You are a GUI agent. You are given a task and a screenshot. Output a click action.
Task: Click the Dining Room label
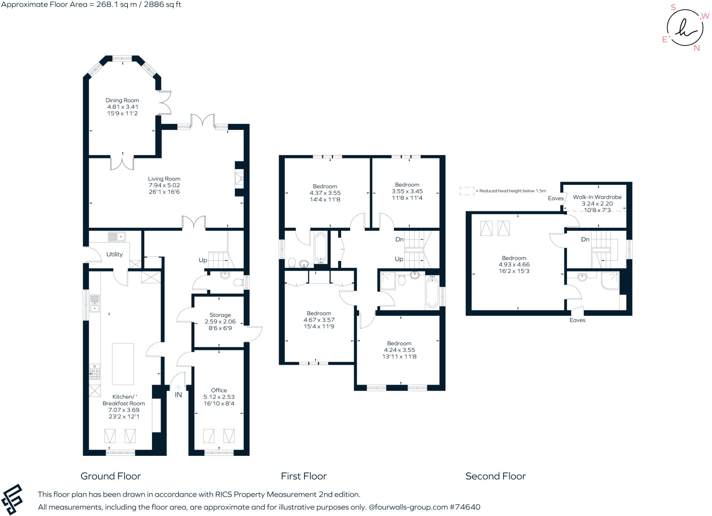pos(122,100)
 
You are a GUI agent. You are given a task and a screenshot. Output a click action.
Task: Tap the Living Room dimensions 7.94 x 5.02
pos(164,185)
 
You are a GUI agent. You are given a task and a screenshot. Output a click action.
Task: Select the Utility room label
pos(114,254)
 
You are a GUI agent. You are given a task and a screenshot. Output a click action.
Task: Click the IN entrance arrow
pos(178,387)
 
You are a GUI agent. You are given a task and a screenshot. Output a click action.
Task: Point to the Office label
pos(219,390)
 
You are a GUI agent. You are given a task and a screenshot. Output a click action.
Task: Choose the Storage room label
pos(220,315)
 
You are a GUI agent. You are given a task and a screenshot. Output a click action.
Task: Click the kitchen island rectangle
pos(123,364)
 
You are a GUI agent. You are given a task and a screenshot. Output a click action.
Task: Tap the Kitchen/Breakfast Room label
pos(123,400)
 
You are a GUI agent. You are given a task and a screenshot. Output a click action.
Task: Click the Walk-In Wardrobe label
pos(597,197)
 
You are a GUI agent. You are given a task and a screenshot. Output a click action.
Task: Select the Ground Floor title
pos(111,476)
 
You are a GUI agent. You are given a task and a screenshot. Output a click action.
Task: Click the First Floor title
pos(304,476)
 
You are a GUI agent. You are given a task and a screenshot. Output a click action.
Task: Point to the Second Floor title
pos(495,476)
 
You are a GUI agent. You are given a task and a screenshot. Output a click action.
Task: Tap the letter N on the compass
pos(697,48)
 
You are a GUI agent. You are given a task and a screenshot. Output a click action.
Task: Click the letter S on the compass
pos(673,7)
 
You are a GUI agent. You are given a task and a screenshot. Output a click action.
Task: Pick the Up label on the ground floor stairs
pos(203,260)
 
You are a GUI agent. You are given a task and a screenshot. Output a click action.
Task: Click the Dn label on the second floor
pos(585,239)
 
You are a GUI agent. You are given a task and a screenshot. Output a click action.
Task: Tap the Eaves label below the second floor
pos(577,320)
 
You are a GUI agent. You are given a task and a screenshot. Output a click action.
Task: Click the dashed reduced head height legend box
pos(467,191)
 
